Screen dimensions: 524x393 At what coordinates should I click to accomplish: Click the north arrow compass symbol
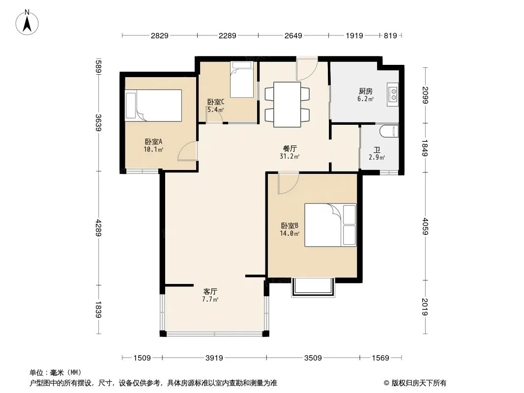[x=27, y=22]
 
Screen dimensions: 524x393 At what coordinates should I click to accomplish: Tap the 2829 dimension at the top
[x=159, y=36]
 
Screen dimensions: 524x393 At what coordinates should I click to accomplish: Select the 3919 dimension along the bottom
[x=214, y=358]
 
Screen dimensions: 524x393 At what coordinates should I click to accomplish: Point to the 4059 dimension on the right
[x=425, y=226]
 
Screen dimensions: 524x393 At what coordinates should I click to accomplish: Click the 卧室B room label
[x=290, y=225]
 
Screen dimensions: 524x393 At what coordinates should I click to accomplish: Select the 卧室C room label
[x=216, y=102]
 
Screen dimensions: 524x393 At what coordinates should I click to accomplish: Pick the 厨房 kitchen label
[x=366, y=91]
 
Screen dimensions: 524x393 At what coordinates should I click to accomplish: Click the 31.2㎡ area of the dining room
[x=290, y=156]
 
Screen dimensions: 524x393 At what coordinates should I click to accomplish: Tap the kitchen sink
[x=393, y=94]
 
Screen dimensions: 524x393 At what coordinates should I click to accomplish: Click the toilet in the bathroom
[x=389, y=131]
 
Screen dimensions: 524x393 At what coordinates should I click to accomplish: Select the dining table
[x=287, y=104]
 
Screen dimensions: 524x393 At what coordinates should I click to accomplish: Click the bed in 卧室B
[x=330, y=225]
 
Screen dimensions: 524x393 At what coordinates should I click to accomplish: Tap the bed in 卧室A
[x=153, y=106]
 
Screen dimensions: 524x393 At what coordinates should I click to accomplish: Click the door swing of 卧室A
[x=187, y=151]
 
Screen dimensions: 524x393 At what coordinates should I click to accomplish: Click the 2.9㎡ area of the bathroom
[x=377, y=157]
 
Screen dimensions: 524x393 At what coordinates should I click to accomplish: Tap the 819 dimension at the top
[x=390, y=36]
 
